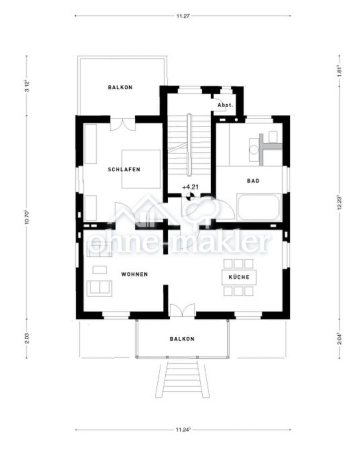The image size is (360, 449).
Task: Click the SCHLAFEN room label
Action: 124,170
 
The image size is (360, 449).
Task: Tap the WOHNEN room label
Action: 134,274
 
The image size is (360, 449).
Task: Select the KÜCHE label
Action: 239,277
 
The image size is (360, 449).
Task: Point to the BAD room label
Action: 253,181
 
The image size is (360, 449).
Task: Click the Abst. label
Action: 225,106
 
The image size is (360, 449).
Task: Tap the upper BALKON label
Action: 120,87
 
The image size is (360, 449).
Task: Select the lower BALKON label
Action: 182,339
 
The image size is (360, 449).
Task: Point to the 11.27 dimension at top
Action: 182,16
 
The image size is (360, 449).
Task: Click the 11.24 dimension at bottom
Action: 182,429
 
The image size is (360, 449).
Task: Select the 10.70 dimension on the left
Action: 27,220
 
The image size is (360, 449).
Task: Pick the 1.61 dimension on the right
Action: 340,70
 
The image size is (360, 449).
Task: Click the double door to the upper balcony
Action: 122,124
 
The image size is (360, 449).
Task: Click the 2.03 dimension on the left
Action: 27,338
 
